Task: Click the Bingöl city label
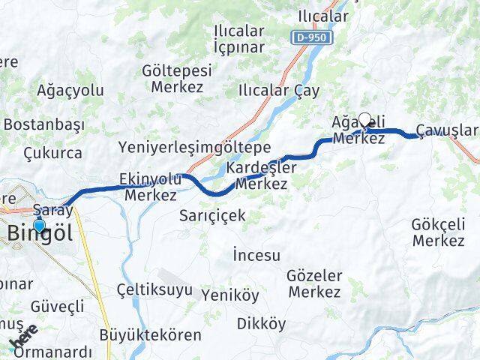(x=40, y=233)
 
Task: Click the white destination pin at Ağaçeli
(x=365, y=119)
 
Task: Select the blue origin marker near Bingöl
(x=39, y=223)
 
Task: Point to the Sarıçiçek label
(x=212, y=216)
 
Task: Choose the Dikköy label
(x=261, y=324)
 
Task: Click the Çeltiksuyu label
(x=154, y=290)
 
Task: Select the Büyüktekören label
(x=150, y=334)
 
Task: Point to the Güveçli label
(x=57, y=306)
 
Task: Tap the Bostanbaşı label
(x=43, y=124)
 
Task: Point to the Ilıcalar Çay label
(x=278, y=90)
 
